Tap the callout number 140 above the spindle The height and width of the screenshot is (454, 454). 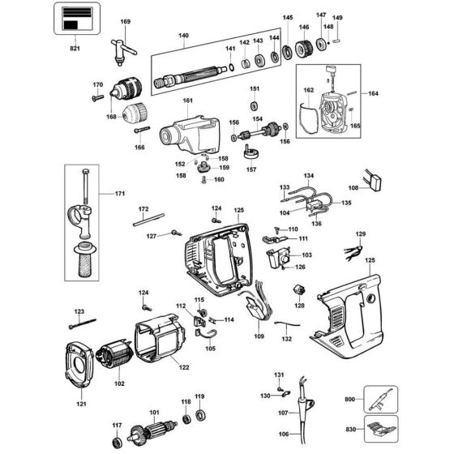coord(183,36)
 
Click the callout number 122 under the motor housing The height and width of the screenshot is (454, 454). coord(184,368)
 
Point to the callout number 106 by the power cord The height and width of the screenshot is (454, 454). coord(282,435)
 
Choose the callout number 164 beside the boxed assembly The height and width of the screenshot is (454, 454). coord(374,93)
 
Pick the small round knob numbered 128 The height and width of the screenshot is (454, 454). coord(299,291)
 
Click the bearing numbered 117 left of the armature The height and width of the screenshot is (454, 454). coord(118,442)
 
